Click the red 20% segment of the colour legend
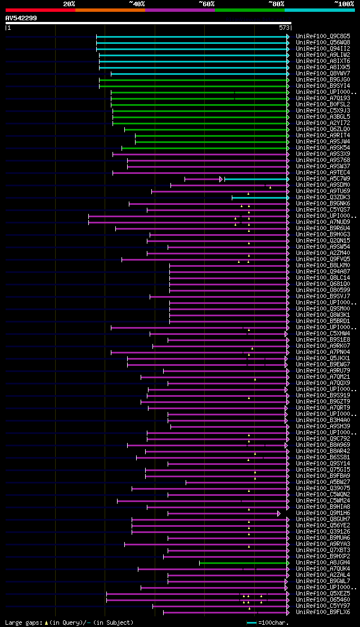pyautogui.click(x=40, y=10)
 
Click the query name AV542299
pyautogui.click(x=21, y=18)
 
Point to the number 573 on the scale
pyautogui.click(x=283, y=27)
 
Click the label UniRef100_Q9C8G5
pyautogui.click(x=323, y=36)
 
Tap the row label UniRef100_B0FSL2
pyautogui.click(x=323, y=104)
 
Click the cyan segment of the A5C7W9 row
pyautogui.click(x=256, y=179)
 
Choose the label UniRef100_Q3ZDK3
pyautogui.click(x=323, y=198)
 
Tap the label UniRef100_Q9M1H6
pyautogui.click(x=323, y=513)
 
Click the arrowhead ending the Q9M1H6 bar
pyautogui.click(x=278, y=513)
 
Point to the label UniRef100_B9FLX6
pyautogui.click(x=323, y=612)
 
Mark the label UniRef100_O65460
pyautogui.click(x=323, y=600)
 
